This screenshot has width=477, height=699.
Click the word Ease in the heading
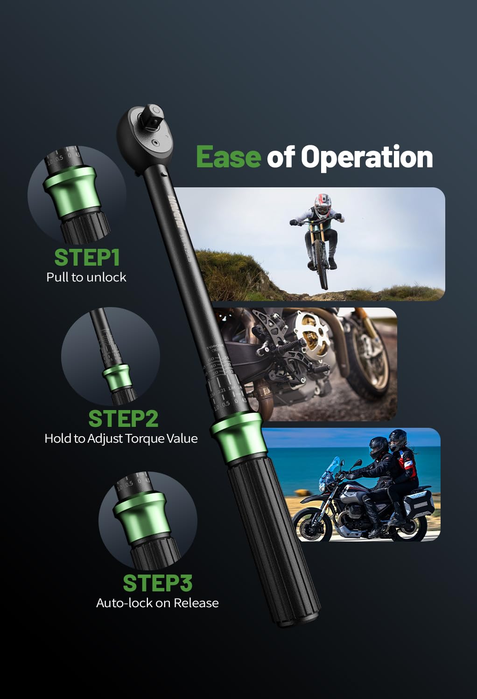[228, 157]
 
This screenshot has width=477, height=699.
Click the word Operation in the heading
[367, 158]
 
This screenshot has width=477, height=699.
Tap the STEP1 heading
[87, 257]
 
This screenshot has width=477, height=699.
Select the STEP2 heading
[123, 418]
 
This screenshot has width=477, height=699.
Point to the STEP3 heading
[157, 583]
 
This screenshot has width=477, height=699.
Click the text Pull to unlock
[86, 277]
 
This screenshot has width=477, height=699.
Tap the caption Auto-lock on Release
[157, 603]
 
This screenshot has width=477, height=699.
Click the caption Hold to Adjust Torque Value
[121, 439]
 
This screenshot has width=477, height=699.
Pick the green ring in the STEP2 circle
[116, 377]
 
